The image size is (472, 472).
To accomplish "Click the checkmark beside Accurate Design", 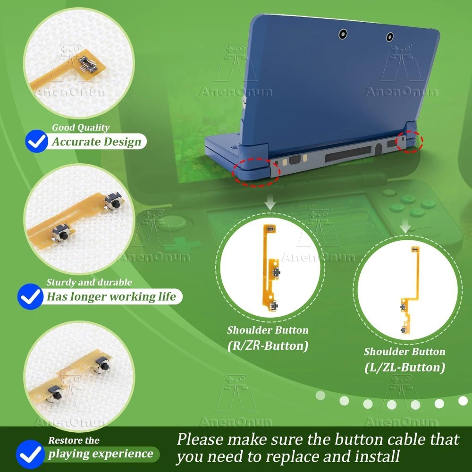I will point(36,142).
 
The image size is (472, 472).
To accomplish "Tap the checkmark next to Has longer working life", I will point(31,296).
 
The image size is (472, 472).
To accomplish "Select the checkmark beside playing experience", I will point(30,454).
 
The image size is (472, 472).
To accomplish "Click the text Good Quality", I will point(80,127).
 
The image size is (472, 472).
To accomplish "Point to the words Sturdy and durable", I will point(89,282).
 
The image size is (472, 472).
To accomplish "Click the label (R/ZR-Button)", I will point(268,346).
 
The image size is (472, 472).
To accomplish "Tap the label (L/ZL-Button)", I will point(405,367).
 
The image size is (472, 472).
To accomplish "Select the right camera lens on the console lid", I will point(389,37).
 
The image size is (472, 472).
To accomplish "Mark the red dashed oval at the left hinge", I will point(258,171).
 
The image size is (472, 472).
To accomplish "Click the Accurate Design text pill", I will point(96,142).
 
